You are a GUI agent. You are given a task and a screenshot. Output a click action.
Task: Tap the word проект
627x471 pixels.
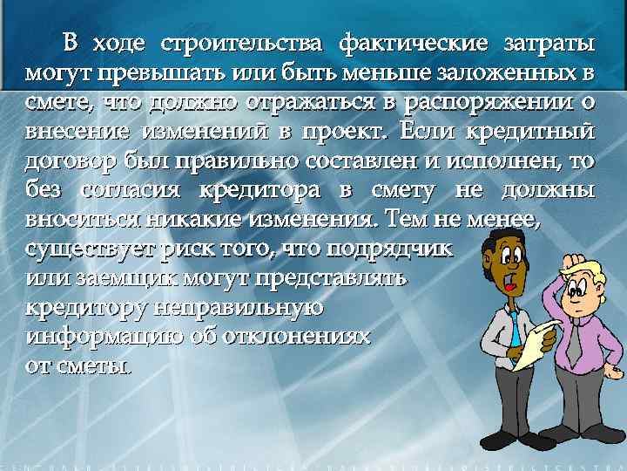[347, 131]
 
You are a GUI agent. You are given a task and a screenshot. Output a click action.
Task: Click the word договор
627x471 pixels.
[77, 160]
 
